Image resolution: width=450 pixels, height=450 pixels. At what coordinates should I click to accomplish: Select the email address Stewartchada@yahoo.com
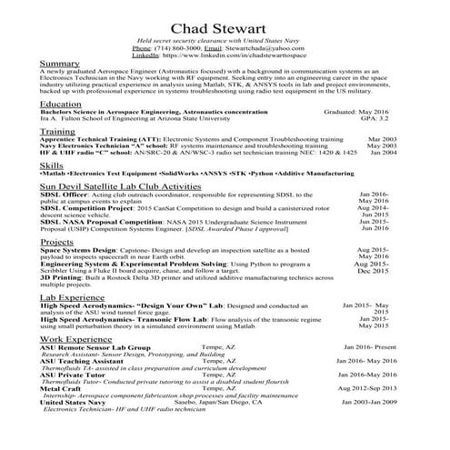tap(264, 48)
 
